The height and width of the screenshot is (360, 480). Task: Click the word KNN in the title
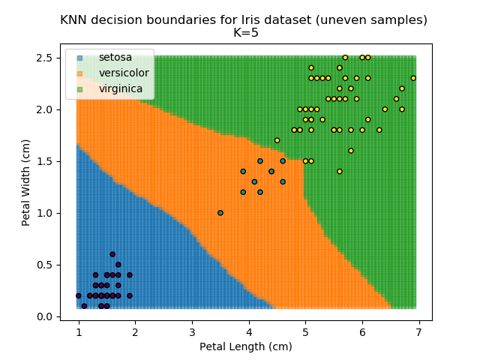(75, 20)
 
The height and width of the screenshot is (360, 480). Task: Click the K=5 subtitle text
(244, 33)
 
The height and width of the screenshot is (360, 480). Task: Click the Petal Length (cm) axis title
(245, 346)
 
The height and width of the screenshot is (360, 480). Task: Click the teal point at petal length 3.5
(220, 212)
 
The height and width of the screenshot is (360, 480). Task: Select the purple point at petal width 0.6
(112, 254)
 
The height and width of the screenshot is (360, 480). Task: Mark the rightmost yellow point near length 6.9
(413, 78)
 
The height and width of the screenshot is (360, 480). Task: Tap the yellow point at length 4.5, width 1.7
(277, 140)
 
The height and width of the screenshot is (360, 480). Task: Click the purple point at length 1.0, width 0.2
(79, 295)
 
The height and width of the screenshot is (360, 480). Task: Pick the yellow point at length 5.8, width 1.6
(351, 151)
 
